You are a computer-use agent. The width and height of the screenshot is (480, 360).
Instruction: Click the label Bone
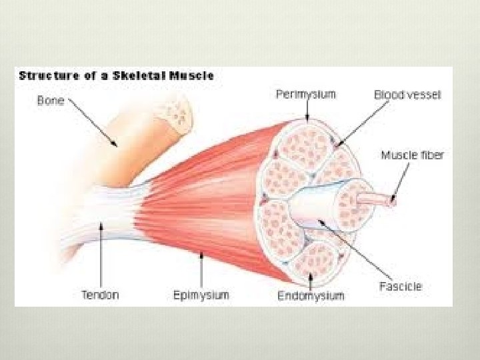pyautogui.click(x=50, y=101)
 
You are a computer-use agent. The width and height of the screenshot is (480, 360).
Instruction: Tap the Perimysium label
pyautogui.click(x=306, y=94)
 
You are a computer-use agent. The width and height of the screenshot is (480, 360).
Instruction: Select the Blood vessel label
pyautogui.click(x=407, y=95)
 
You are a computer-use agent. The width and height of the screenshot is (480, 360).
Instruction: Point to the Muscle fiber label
pyautogui.click(x=412, y=155)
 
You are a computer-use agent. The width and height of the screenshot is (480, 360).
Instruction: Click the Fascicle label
pyautogui.click(x=400, y=287)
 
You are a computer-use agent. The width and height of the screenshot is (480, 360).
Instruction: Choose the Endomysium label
pyautogui.click(x=311, y=295)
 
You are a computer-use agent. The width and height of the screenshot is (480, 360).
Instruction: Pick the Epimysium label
pyautogui.click(x=201, y=295)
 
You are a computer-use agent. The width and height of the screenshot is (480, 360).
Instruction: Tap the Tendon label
pyautogui.click(x=100, y=295)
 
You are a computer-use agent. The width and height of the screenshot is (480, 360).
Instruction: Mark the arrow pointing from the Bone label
pyautogui.click(x=93, y=123)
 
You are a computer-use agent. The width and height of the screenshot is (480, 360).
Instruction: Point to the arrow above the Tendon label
pyautogui.click(x=101, y=257)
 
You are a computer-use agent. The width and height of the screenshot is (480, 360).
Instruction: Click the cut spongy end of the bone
pyautogui.click(x=176, y=112)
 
